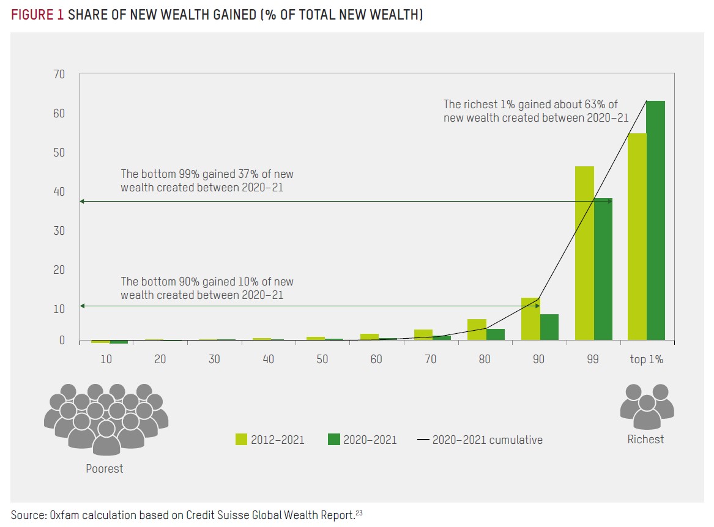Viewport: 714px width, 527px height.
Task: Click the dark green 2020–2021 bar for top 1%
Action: pos(655,220)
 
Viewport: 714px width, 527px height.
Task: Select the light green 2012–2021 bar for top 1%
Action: pos(637,236)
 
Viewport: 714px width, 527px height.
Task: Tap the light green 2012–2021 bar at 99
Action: pos(584,252)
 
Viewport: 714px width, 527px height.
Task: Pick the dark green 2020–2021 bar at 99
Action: pos(603,268)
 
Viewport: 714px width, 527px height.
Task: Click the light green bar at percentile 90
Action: pos(530,319)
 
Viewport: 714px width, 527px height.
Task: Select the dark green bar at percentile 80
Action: pos(496,334)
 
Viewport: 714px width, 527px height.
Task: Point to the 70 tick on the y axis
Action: pos(59,75)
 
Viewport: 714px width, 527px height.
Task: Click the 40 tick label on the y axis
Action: pos(59,191)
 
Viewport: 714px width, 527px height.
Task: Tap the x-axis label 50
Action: pos(322,359)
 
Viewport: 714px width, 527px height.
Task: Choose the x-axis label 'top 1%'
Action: pos(646,359)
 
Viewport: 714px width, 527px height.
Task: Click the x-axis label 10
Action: pos(106,359)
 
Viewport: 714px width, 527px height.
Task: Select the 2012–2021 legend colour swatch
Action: pos(241,440)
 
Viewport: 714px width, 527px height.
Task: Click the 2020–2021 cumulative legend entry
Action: pos(487,440)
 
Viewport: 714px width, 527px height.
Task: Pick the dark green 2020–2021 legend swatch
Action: pos(333,440)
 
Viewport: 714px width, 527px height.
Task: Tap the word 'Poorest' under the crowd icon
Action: pos(104,469)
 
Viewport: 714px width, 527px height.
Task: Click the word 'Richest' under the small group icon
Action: pos(645,439)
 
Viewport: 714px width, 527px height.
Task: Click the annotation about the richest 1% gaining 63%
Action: pos(535,111)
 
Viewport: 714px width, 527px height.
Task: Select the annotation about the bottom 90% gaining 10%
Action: pos(207,288)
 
